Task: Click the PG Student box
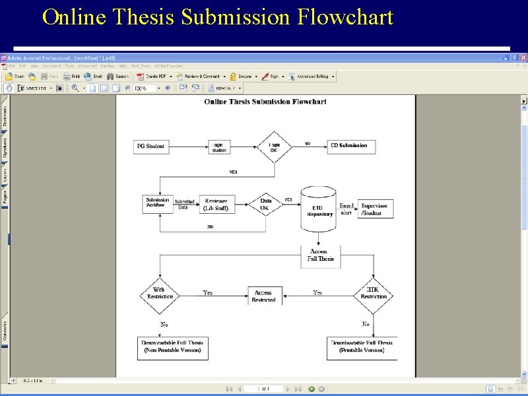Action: click(150, 146)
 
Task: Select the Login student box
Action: click(218, 147)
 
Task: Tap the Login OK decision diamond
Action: click(274, 147)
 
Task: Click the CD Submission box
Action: click(349, 146)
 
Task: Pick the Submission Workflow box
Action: click(157, 203)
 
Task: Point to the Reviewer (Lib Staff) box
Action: click(216, 205)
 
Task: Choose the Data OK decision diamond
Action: click(265, 205)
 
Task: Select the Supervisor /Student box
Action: click(374, 209)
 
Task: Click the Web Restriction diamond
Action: click(159, 293)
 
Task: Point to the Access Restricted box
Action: click(263, 296)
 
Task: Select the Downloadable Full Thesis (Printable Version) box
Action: click(362, 346)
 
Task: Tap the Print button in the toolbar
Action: click(73, 77)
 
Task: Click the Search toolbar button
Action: click(119, 77)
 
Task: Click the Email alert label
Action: click(346, 209)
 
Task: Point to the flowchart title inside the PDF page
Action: click(265, 102)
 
